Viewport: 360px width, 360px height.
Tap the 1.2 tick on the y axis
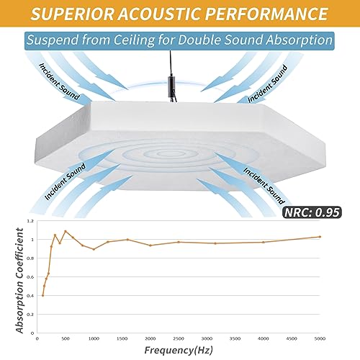point(30,220)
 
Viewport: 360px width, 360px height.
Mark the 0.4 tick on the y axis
point(30,295)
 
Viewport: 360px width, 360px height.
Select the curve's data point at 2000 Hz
point(150,246)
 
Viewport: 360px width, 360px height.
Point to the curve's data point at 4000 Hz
point(264,242)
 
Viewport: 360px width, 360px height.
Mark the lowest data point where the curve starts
point(42,295)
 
